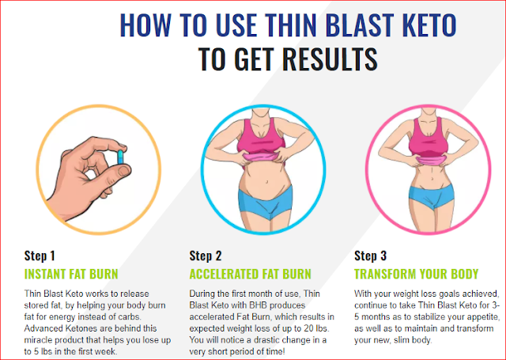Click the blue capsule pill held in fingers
click(120, 157)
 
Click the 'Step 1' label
click(40, 256)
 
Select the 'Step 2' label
click(206, 256)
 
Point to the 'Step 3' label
click(371, 256)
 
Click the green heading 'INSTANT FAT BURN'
click(71, 274)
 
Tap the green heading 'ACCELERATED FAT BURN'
click(250, 274)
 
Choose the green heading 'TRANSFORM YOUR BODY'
click(417, 274)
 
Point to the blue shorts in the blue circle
click(266, 202)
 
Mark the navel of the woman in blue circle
click(266, 182)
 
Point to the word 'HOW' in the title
click(145, 25)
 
